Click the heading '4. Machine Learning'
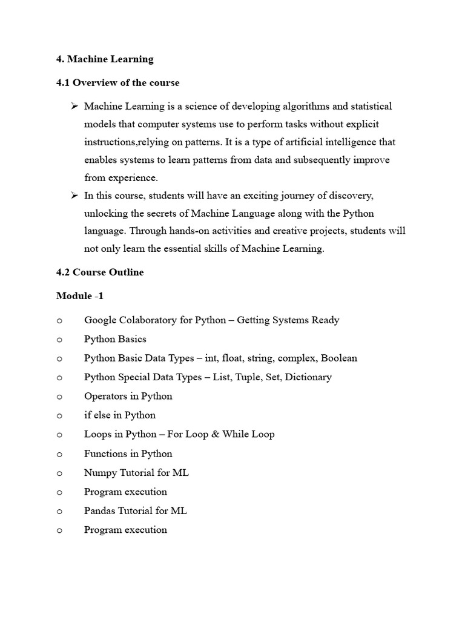(105, 59)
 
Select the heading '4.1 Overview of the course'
(117, 82)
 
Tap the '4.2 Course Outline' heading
(100, 272)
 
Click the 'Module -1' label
(80, 296)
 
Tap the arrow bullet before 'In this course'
(74, 196)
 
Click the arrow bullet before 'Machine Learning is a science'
(74, 107)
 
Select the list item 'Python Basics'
(115, 339)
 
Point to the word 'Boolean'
(339, 358)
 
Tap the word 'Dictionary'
(308, 377)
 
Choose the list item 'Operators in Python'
(128, 396)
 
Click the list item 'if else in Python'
(120, 415)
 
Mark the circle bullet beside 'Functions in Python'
(59, 454)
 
